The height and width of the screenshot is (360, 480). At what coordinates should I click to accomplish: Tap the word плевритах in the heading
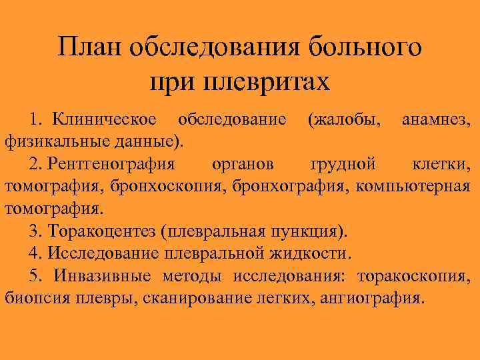tap(263, 83)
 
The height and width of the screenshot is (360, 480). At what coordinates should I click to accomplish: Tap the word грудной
tap(343, 164)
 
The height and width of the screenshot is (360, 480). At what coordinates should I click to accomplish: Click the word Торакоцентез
tap(102, 231)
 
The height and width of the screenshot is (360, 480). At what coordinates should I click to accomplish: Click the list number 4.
tap(33, 253)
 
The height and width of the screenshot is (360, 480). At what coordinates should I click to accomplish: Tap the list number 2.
tap(33, 164)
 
